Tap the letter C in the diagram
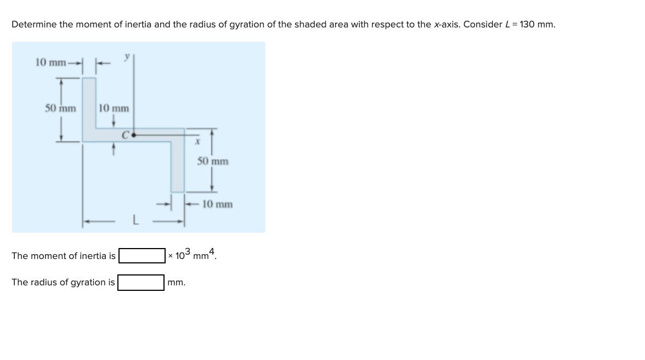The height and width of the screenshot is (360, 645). (x=126, y=133)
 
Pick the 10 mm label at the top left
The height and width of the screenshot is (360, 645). (x=50, y=61)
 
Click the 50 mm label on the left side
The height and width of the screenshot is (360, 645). (x=60, y=108)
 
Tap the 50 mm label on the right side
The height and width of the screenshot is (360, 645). (x=213, y=161)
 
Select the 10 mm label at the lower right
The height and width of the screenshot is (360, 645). (x=217, y=204)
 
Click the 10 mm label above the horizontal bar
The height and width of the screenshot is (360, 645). (x=114, y=108)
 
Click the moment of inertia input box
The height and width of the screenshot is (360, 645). (x=142, y=256)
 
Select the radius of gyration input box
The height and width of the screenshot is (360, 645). (x=140, y=283)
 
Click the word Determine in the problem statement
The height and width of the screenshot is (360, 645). (x=32, y=25)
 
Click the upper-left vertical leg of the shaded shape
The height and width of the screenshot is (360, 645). (x=89, y=104)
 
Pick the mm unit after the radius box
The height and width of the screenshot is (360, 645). (x=177, y=283)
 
